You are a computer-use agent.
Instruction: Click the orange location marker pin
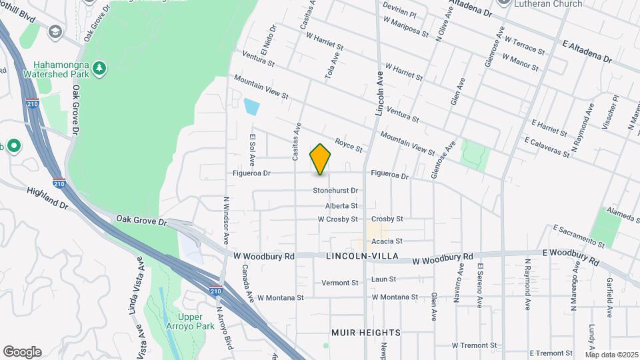(x=321, y=159)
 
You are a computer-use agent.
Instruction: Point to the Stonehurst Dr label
(x=336, y=191)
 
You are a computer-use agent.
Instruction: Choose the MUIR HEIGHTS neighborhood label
(x=366, y=332)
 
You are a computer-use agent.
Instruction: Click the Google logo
(x=22, y=352)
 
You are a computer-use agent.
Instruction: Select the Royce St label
(x=348, y=143)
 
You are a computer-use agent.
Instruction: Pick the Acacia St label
(x=387, y=241)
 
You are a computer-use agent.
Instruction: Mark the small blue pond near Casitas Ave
(x=252, y=106)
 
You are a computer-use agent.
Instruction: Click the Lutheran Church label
(x=548, y=4)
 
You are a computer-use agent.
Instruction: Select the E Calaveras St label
(x=547, y=147)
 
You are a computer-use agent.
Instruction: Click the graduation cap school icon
(x=55, y=31)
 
